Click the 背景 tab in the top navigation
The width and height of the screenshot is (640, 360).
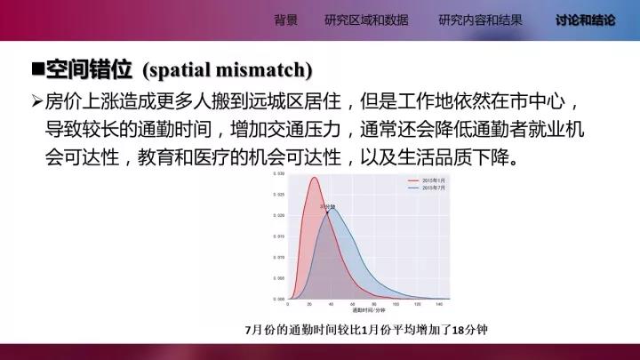point(286,20)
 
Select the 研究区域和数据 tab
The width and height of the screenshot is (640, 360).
point(367,20)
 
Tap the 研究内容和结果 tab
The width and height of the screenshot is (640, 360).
point(480,20)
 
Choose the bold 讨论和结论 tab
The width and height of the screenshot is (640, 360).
point(585,20)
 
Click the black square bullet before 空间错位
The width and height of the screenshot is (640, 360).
point(37,68)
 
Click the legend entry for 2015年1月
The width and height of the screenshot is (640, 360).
point(433,180)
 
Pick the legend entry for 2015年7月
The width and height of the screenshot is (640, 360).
point(433,188)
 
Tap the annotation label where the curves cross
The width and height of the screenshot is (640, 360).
point(327,206)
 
